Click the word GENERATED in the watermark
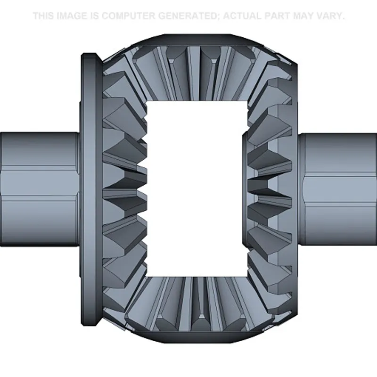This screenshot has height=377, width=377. click(x=189, y=16)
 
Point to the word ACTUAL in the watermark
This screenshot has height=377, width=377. click(x=242, y=16)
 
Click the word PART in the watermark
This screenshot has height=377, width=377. click(x=277, y=16)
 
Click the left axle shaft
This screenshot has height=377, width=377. click(x=40, y=189)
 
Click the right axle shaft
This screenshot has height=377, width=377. click(x=337, y=189)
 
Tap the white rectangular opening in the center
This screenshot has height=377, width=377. click(x=197, y=189)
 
